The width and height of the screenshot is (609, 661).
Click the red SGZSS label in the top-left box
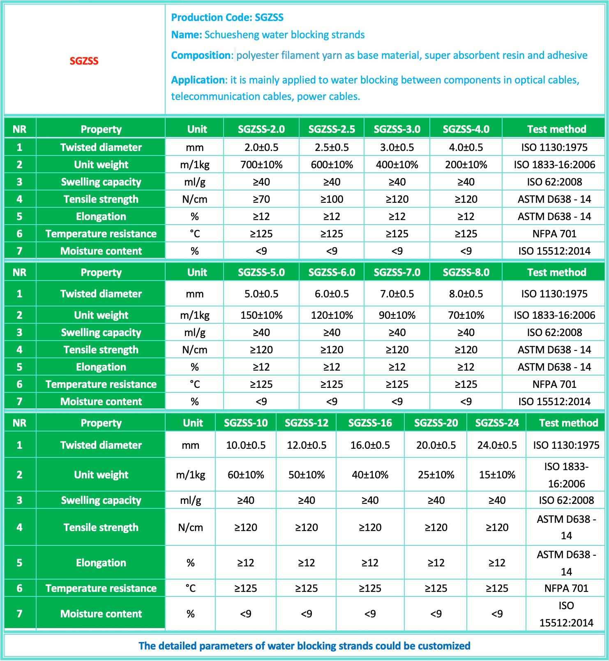coord(84,61)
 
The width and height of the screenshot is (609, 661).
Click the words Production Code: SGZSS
coord(227,17)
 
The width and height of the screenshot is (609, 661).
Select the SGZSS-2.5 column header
coord(332,129)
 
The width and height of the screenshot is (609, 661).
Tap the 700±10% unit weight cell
coord(261,165)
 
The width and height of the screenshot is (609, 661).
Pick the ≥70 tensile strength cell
coord(261,199)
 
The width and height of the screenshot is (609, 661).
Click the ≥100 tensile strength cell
coord(332,199)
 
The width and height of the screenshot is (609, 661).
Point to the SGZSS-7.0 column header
coord(397,272)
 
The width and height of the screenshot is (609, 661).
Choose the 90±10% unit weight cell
coord(397,315)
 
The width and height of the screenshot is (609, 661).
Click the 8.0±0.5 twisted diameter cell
coord(466,294)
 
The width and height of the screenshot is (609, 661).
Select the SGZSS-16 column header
coord(370,423)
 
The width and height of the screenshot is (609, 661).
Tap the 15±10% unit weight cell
coord(497,475)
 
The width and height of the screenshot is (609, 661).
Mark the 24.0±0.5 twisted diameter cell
coord(497,445)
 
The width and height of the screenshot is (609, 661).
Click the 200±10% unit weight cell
coord(466,165)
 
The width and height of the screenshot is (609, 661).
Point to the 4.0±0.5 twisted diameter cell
coord(466,147)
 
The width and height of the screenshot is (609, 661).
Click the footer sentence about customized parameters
coord(304,646)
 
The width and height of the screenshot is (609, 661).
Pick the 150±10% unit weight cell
coord(261,315)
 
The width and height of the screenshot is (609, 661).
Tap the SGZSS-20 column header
coord(436,423)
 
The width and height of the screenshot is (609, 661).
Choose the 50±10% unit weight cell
coord(307,475)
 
